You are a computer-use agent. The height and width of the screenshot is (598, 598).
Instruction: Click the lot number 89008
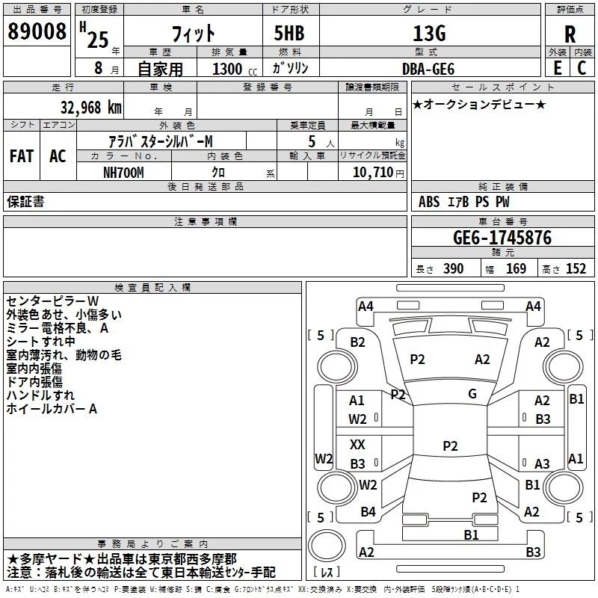(37, 31)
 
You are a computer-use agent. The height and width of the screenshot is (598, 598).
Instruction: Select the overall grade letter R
(570, 34)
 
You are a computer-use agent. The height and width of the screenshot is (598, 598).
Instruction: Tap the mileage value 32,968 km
(90, 108)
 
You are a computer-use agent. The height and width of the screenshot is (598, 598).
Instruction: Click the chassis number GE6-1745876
(502, 238)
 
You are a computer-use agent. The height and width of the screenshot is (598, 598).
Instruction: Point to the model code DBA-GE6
(428, 69)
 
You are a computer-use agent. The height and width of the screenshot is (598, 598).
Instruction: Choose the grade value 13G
(429, 34)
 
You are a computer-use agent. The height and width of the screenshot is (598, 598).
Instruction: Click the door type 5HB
(289, 33)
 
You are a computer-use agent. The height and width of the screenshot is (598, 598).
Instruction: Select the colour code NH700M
(123, 173)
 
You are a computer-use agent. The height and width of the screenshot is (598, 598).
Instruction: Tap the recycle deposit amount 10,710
(373, 173)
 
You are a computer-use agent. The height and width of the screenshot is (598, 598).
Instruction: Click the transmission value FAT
(22, 156)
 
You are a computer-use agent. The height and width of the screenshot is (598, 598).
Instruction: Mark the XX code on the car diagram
(357, 444)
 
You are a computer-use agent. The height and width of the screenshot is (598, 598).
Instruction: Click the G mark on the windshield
(472, 394)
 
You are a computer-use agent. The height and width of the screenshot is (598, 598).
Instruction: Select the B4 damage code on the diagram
(368, 512)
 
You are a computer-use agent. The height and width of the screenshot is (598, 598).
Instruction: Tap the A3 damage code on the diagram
(542, 463)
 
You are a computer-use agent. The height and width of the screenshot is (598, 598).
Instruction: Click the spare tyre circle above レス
(327, 546)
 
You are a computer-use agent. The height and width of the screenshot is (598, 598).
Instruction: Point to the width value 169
(516, 268)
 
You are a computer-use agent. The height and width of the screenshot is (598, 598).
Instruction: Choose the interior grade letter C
(582, 68)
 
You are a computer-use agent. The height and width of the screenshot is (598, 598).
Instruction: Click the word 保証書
(25, 201)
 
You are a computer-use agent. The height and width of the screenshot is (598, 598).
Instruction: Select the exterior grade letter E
(557, 68)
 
